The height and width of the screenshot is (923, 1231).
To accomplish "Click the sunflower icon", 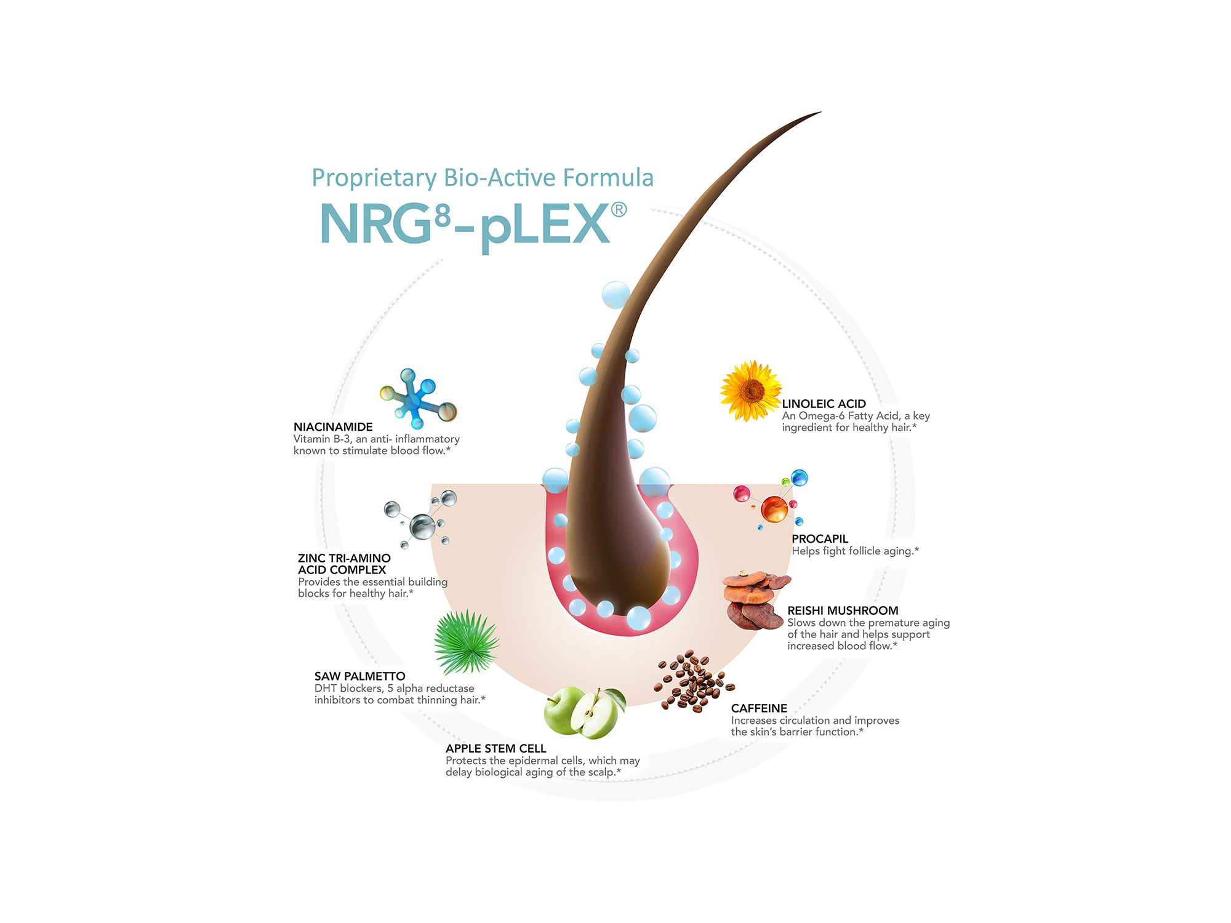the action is click(x=750, y=391).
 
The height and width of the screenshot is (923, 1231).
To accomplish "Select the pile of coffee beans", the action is click(x=694, y=681).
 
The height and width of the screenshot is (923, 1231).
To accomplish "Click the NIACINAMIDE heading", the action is click(x=333, y=427).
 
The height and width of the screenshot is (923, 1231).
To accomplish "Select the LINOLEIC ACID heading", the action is click(x=824, y=404).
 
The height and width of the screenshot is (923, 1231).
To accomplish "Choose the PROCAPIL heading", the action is click(x=820, y=539).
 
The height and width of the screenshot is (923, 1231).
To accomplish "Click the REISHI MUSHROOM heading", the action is click(x=843, y=610).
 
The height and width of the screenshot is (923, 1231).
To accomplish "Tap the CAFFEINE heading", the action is click(x=759, y=708).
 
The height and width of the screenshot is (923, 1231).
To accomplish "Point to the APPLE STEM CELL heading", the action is click(x=495, y=748).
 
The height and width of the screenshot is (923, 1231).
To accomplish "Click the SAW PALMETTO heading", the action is click(x=359, y=676).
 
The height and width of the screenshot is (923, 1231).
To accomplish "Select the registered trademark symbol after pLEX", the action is click(x=619, y=210).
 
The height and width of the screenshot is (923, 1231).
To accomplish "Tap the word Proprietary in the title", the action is click(x=374, y=178).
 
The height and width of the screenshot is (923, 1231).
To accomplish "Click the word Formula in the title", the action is click(x=607, y=177).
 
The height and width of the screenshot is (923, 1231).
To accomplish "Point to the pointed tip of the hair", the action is click(x=821, y=112).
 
